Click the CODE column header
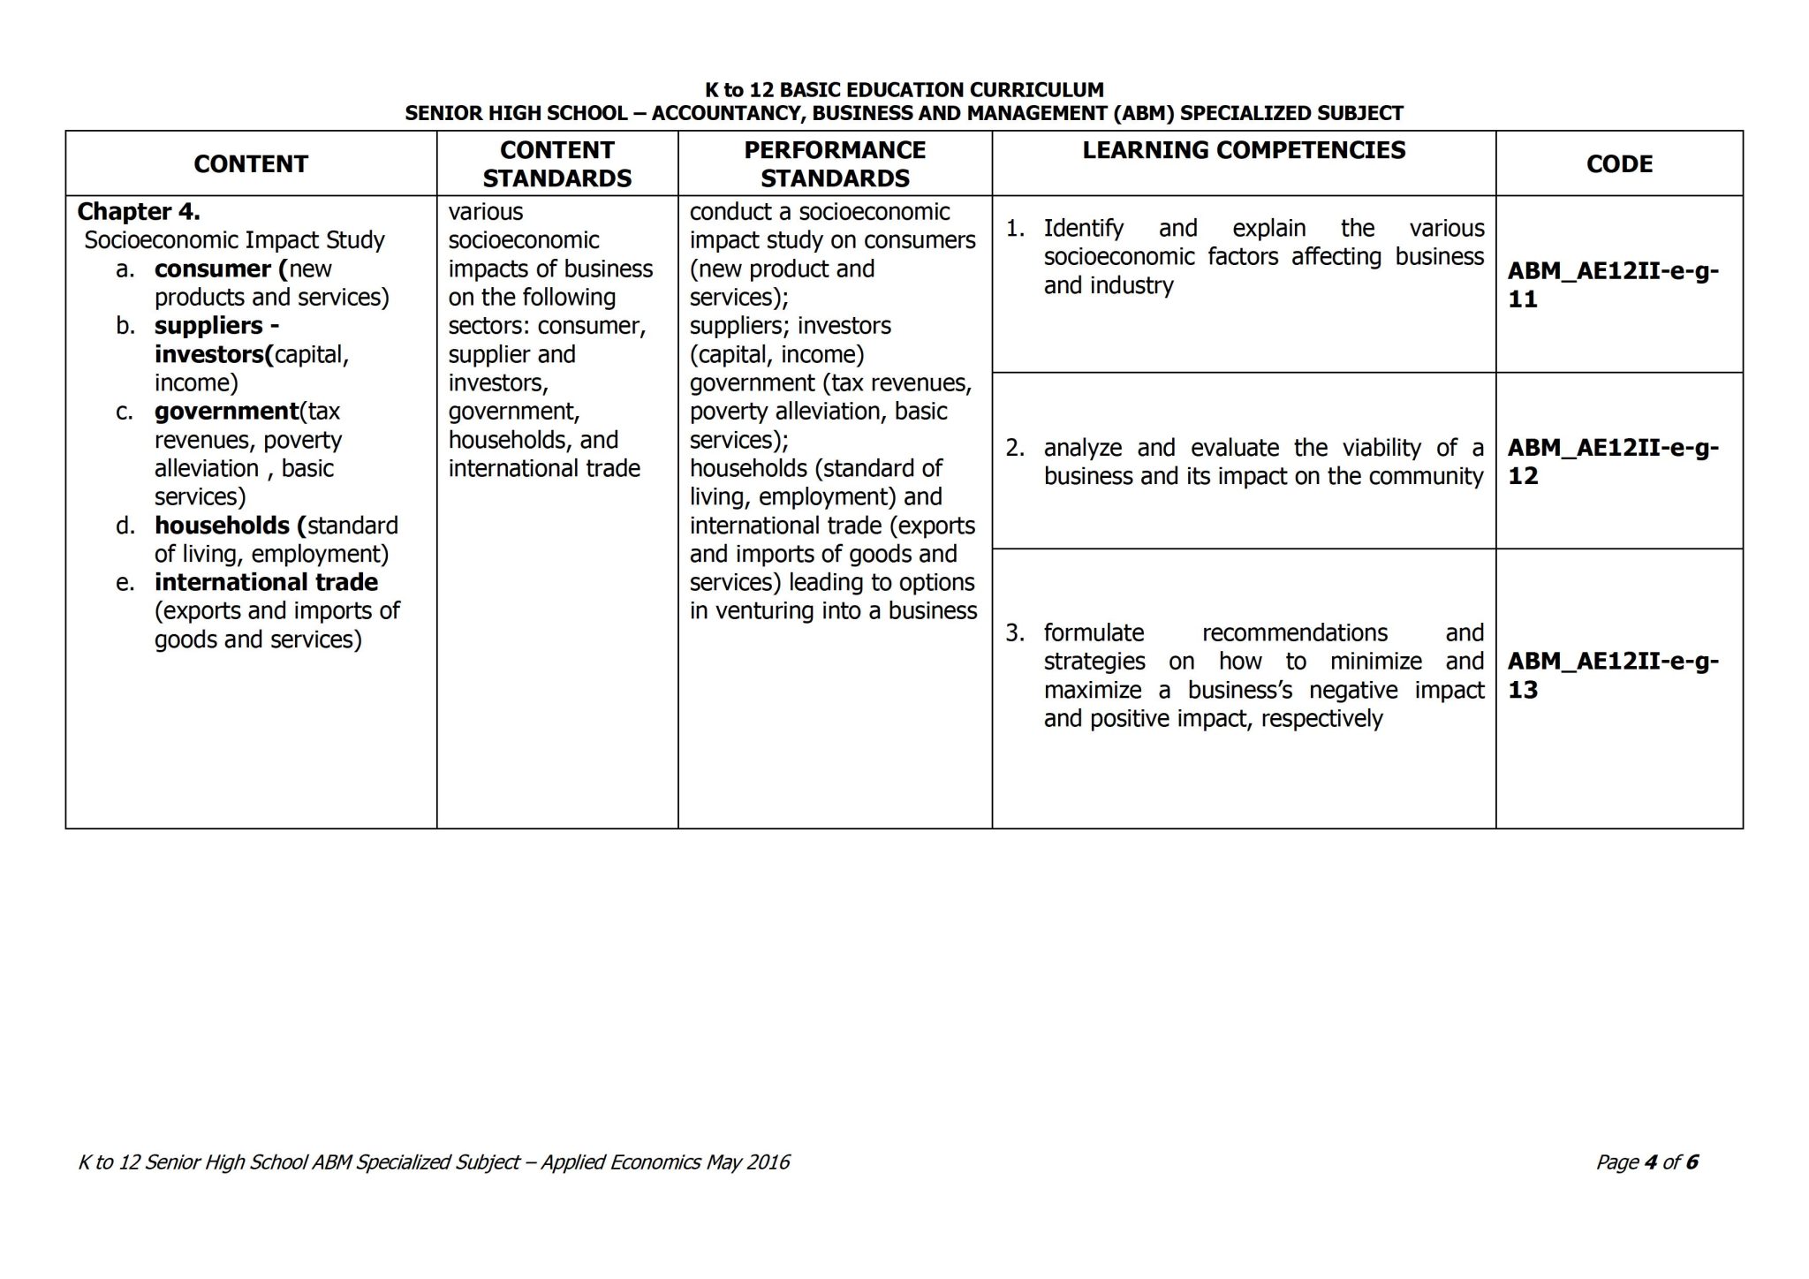click(1618, 164)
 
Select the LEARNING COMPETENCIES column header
click(1243, 150)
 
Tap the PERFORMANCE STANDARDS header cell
click(835, 164)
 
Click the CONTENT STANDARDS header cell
click(556, 164)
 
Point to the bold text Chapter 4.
click(139, 212)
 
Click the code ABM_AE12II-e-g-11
click(1613, 284)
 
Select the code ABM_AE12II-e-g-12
click(1613, 461)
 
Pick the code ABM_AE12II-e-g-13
click(1613, 675)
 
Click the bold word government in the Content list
click(226, 412)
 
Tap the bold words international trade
click(266, 583)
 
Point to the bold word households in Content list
click(222, 526)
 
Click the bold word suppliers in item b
click(208, 326)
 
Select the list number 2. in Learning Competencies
click(1015, 448)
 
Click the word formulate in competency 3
click(1094, 633)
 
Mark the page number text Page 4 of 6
click(1646, 1162)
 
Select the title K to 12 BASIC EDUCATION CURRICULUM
click(904, 90)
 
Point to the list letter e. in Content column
click(125, 583)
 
